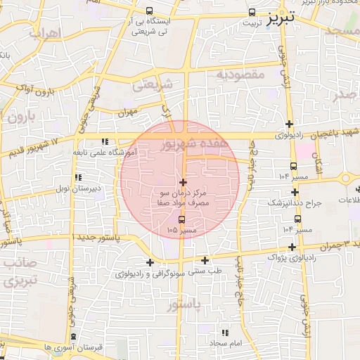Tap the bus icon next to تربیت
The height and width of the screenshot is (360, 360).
point(252,12)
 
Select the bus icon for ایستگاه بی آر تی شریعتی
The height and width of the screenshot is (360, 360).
point(149,11)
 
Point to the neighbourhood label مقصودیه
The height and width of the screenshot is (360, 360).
point(240,73)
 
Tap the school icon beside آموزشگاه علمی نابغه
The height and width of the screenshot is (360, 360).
point(105,141)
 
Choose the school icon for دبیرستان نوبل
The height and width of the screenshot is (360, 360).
point(77,177)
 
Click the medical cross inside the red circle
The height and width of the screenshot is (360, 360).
point(183,182)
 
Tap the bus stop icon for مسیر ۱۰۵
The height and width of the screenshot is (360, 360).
point(182,219)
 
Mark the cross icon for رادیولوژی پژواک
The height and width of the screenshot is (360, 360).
point(311,247)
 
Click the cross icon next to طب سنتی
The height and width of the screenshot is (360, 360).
point(205,260)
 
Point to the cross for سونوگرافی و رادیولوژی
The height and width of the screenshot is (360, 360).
point(149,262)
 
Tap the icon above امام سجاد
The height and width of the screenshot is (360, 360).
point(225,332)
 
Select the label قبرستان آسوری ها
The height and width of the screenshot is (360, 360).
point(73,347)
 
